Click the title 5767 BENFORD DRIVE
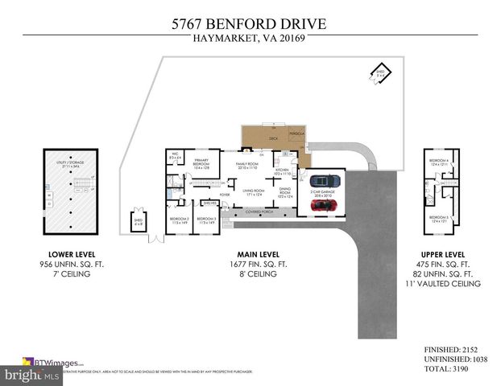tap(250, 24)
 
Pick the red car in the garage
tap(324, 204)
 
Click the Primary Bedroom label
tap(201, 163)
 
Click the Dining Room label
tap(284, 192)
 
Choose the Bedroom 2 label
tap(178, 219)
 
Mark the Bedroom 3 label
tap(206, 219)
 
